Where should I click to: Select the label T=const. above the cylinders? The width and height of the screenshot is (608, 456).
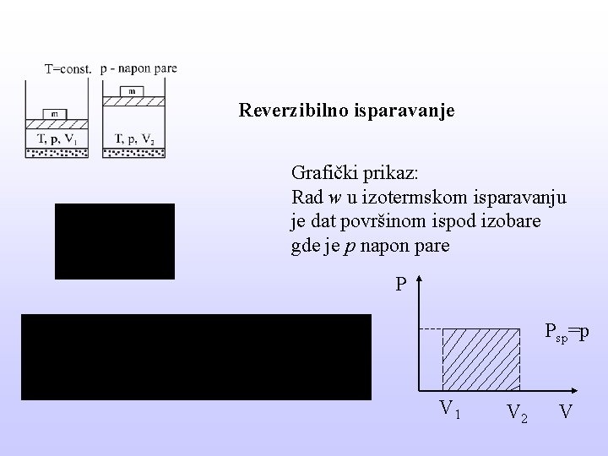[x=68, y=69]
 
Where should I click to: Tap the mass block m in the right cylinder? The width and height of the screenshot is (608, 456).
[x=133, y=90]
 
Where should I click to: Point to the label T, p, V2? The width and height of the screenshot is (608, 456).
[x=133, y=138]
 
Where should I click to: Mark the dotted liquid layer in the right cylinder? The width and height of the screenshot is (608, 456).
[x=133, y=152]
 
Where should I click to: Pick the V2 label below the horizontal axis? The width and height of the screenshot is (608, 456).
[x=517, y=413]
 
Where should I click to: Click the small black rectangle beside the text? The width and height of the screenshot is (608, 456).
[x=115, y=241]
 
